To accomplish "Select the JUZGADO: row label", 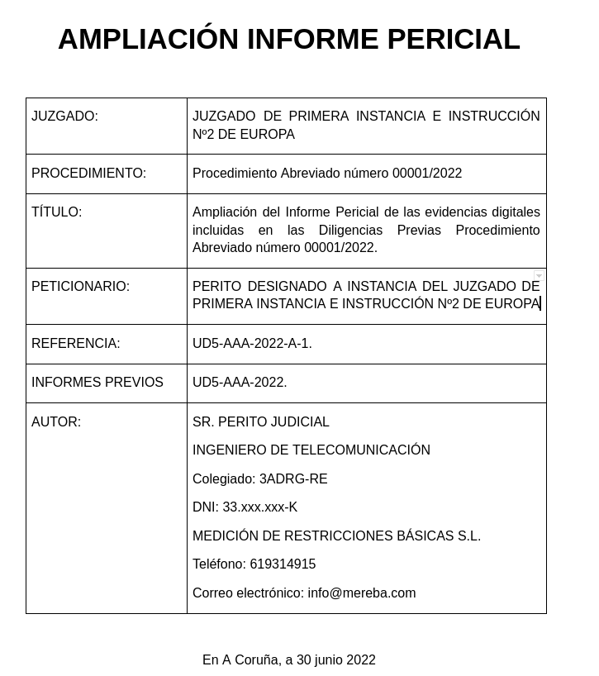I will pos(64,117).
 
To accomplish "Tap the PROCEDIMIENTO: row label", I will pos(88,174).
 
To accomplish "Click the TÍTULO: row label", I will pos(56,212).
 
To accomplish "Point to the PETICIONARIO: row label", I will pos(80,287).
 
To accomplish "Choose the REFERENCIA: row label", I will pos(75,344).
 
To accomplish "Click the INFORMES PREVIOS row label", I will pos(97,383).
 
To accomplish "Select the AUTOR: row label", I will pos(56,422).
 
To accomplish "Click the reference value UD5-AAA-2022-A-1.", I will pos(252,344).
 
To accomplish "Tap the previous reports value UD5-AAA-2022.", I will pos(240,383).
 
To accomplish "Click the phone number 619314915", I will pos(283,564).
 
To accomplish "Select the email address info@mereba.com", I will pos(361,593).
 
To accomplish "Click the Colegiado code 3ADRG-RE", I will pos(293,479).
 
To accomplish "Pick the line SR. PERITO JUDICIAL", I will pos(261,422).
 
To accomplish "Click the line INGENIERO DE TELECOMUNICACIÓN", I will pos(311,450).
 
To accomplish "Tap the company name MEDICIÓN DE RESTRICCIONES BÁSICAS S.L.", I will pos(336,536).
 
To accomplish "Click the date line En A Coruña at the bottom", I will pos(289,660).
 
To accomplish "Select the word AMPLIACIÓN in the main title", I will pos(148,40).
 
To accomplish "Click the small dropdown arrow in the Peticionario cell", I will pos(539,276).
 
